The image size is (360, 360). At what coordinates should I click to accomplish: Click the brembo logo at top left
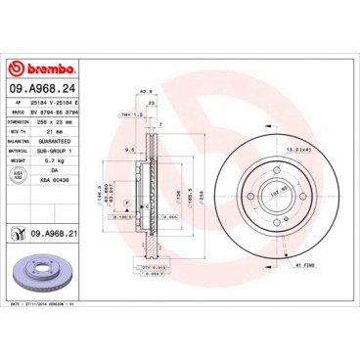(41, 69)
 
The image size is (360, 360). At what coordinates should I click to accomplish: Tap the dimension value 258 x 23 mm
(59, 121)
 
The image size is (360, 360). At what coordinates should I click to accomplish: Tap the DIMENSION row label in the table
(18, 121)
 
